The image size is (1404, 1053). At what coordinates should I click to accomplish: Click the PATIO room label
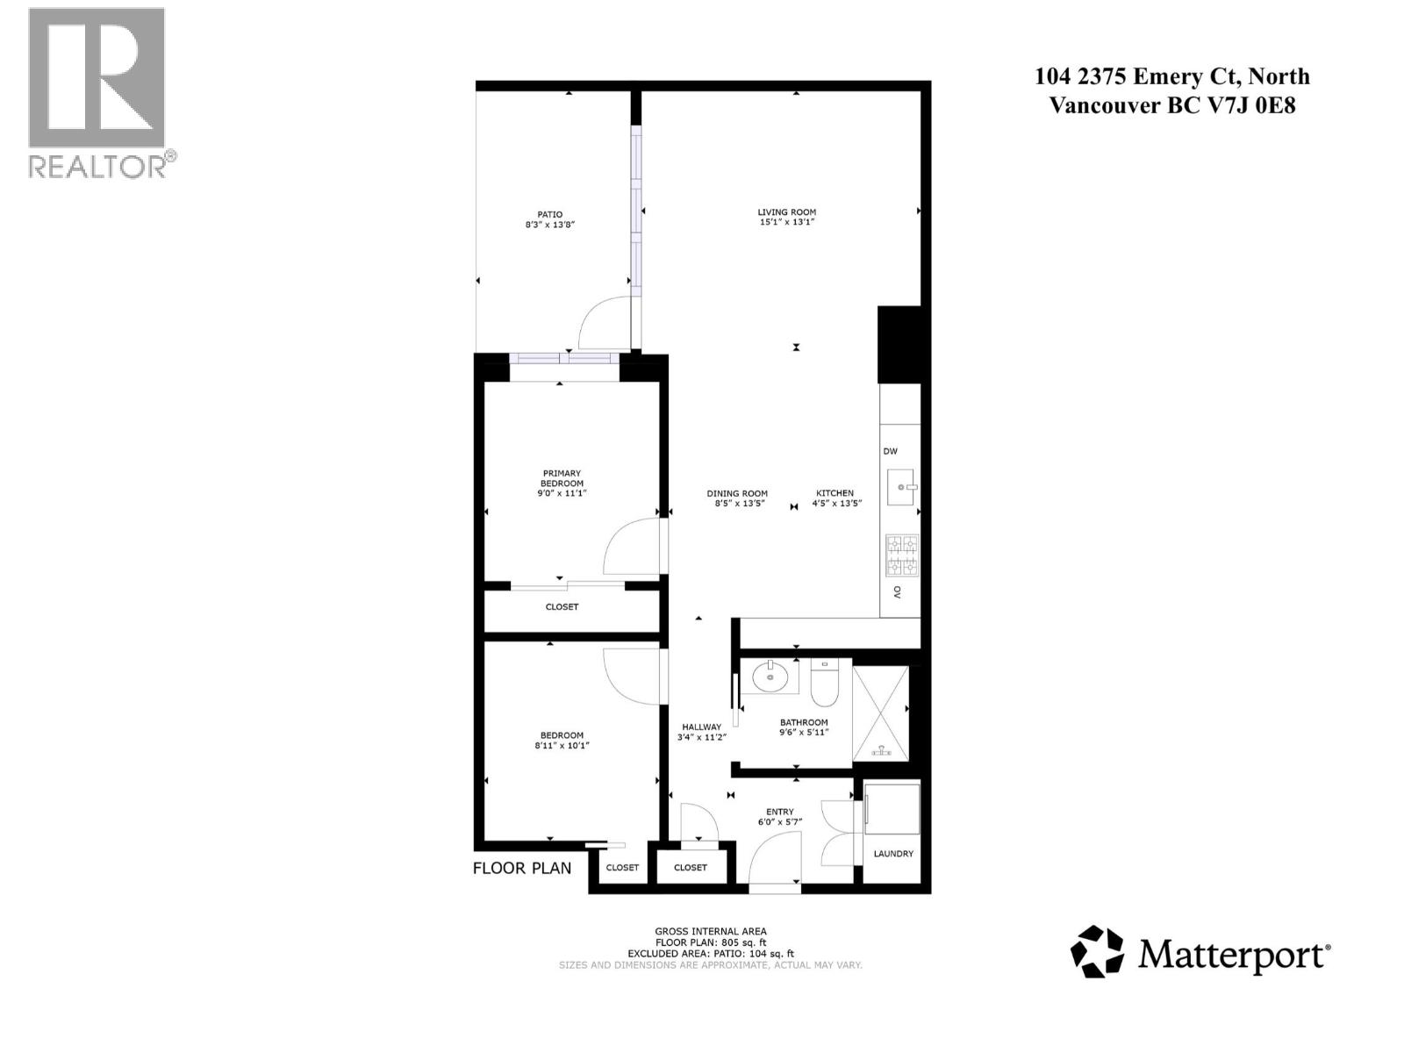click(550, 214)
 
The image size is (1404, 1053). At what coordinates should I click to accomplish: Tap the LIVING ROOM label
click(787, 212)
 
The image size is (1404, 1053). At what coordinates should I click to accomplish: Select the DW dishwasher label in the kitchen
click(890, 451)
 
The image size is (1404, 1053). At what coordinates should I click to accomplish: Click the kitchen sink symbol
click(901, 487)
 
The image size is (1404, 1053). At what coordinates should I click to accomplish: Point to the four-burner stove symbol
click(901, 555)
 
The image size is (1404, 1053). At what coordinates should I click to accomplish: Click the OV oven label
click(897, 592)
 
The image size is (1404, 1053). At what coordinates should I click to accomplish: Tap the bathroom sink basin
click(771, 677)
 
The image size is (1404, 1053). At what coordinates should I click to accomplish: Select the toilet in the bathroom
click(825, 684)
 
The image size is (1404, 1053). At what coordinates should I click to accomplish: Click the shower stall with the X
click(881, 713)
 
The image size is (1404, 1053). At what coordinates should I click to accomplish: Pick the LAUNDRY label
click(893, 853)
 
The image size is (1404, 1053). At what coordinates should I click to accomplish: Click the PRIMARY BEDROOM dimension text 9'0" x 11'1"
click(562, 493)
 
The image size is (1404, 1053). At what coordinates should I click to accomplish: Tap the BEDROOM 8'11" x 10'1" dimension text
click(562, 746)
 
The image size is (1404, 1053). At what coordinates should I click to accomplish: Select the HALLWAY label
click(701, 727)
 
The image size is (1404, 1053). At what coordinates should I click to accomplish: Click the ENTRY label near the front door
click(780, 812)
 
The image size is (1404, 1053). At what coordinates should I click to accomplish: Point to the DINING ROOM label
click(737, 493)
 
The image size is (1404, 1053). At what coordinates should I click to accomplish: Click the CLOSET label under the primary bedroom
click(562, 606)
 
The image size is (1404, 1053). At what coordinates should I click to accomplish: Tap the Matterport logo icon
click(1097, 951)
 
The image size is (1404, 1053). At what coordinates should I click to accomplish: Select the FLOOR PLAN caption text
click(522, 868)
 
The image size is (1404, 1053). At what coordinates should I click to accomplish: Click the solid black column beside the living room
click(899, 344)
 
